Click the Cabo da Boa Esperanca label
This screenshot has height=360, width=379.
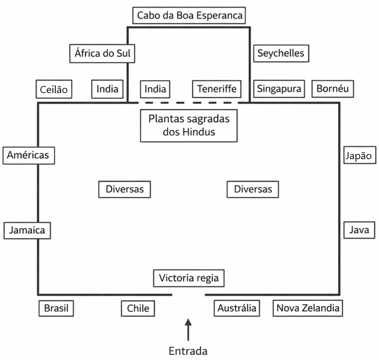189,15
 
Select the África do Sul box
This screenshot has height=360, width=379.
102,53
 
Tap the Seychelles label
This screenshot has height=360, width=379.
281,53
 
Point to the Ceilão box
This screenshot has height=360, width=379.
54,89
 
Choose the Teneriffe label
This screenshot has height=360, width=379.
217,89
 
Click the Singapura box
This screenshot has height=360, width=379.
279,89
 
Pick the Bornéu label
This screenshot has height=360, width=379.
333,89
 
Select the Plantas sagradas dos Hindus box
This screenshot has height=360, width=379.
189,126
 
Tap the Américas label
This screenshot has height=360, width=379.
29,155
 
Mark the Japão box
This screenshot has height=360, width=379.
360,155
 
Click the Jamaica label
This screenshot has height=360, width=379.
27,230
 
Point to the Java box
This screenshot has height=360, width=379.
359,230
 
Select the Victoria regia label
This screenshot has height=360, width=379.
189,279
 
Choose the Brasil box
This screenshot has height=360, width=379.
56,309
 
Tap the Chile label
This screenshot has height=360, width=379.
138,309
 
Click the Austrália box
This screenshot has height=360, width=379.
237,308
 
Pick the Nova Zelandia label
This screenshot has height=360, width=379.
308,308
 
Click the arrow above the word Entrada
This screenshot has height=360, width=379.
189,329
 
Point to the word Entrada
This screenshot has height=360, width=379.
188,351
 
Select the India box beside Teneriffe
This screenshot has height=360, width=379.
155,89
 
